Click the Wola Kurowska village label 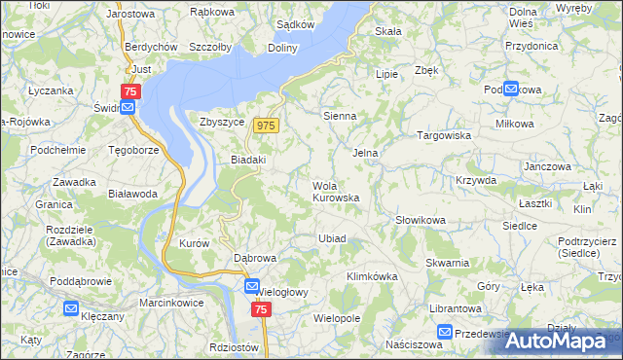click(336, 192)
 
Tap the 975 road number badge click(266, 126)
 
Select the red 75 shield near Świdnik click(131, 90)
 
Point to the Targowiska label click(444, 136)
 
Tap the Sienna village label click(340, 115)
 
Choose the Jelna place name click(365, 153)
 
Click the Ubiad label click(332, 238)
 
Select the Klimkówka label click(372, 276)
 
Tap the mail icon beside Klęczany click(71, 309)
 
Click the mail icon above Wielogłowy click(252, 287)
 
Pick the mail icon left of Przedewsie click(445, 332)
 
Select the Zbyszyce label click(221, 123)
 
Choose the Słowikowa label click(421, 221)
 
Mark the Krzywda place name click(476, 180)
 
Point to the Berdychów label click(150, 47)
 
